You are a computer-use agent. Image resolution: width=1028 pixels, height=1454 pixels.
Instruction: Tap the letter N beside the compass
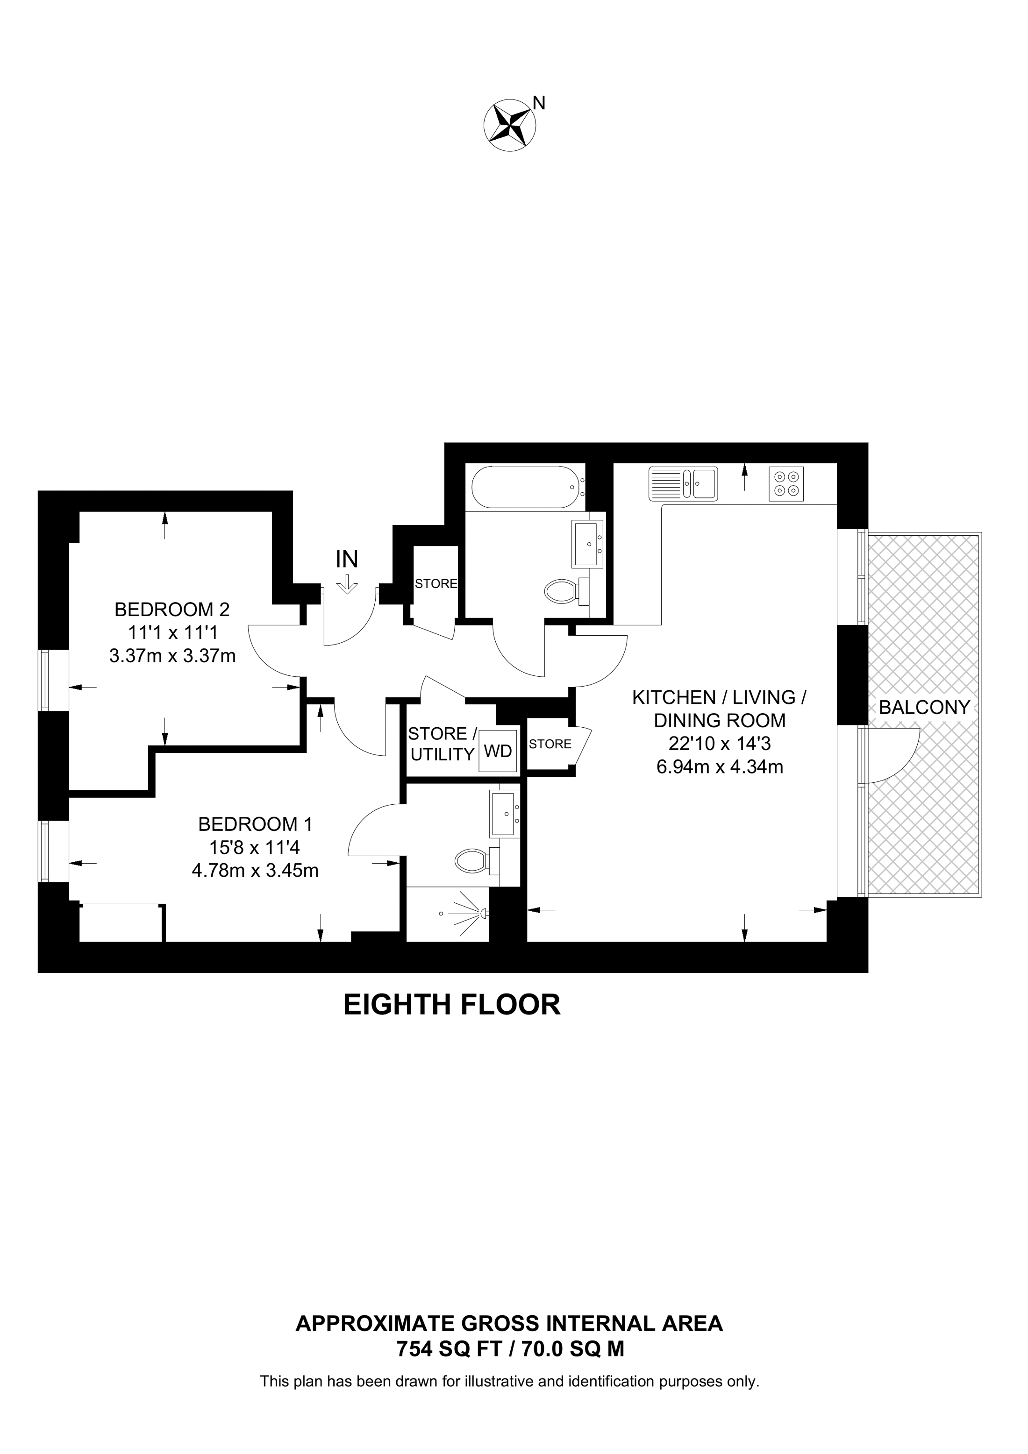[x=539, y=103]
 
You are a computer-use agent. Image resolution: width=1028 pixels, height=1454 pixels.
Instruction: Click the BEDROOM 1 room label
[x=255, y=824]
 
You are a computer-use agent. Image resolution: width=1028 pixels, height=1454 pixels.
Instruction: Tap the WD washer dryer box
[x=498, y=751]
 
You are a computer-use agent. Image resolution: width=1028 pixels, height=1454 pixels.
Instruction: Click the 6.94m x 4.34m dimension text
[x=720, y=767]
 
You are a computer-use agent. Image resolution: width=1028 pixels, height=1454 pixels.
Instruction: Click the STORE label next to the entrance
[x=436, y=584]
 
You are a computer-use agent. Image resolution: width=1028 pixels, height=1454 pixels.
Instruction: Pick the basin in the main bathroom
[x=588, y=543]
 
